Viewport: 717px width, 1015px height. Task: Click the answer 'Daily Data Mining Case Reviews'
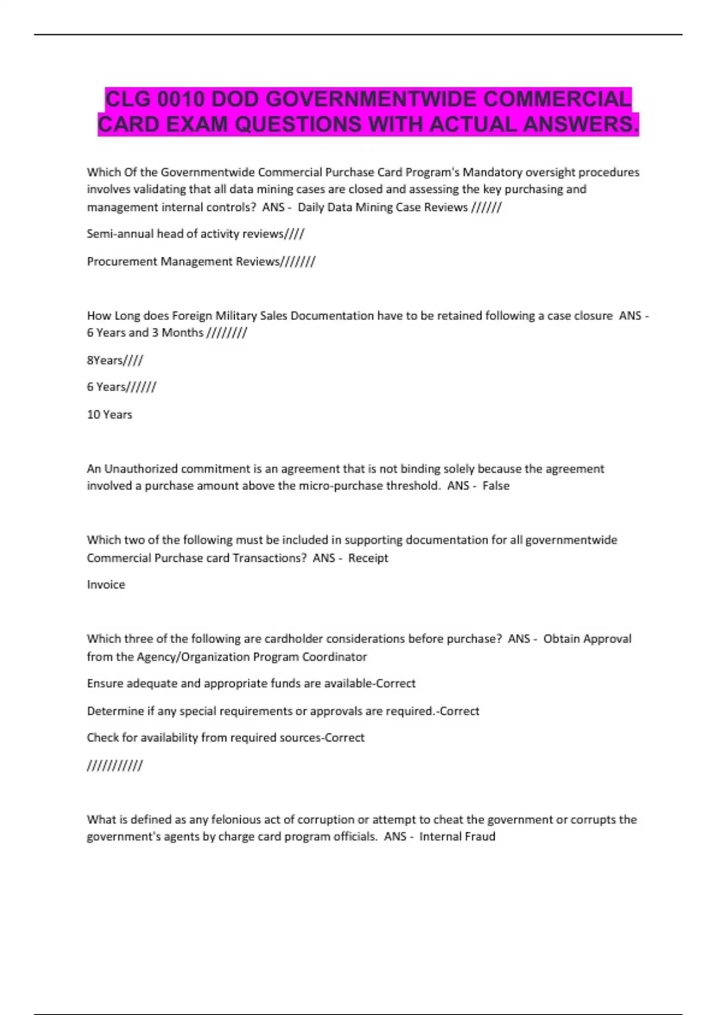pyautogui.click(x=382, y=207)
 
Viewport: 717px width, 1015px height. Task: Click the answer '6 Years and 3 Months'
pyautogui.click(x=145, y=333)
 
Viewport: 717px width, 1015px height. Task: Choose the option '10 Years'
pyautogui.click(x=109, y=414)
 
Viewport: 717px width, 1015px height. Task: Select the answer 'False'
pyautogui.click(x=496, y=486)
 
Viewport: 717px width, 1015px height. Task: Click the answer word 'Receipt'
pyautogui.click(x=368, y=558)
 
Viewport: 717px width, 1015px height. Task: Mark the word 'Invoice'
pyautogui.click(x=106, y=585)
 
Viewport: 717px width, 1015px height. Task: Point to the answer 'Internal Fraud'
pyautogui.click(x=457, y=836)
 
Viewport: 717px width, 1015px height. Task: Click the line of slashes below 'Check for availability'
pyautogui.click(x=115, y=765)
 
